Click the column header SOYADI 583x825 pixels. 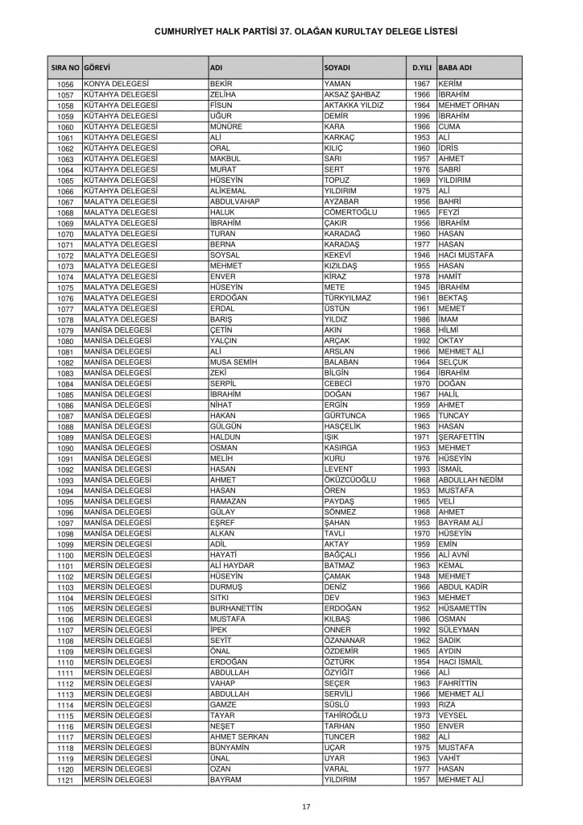(x=337, y=66)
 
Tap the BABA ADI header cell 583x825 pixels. (x=455, y=66)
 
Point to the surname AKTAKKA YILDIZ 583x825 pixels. (x=354, y=106)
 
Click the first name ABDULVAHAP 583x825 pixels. (x=233, y=201)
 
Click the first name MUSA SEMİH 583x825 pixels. (x=233, y=362)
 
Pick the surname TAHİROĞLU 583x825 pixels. (x=348, y=715)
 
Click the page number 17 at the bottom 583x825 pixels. (x=306, y=806)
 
